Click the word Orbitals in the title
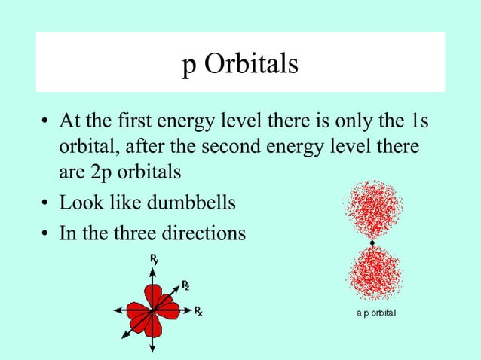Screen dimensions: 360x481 [253, 65]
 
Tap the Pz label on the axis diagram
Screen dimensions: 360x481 [185, 285]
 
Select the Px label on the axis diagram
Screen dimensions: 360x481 [198, 310]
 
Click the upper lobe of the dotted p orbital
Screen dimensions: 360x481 [372, 209]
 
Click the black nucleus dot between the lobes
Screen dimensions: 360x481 [372, 243]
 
